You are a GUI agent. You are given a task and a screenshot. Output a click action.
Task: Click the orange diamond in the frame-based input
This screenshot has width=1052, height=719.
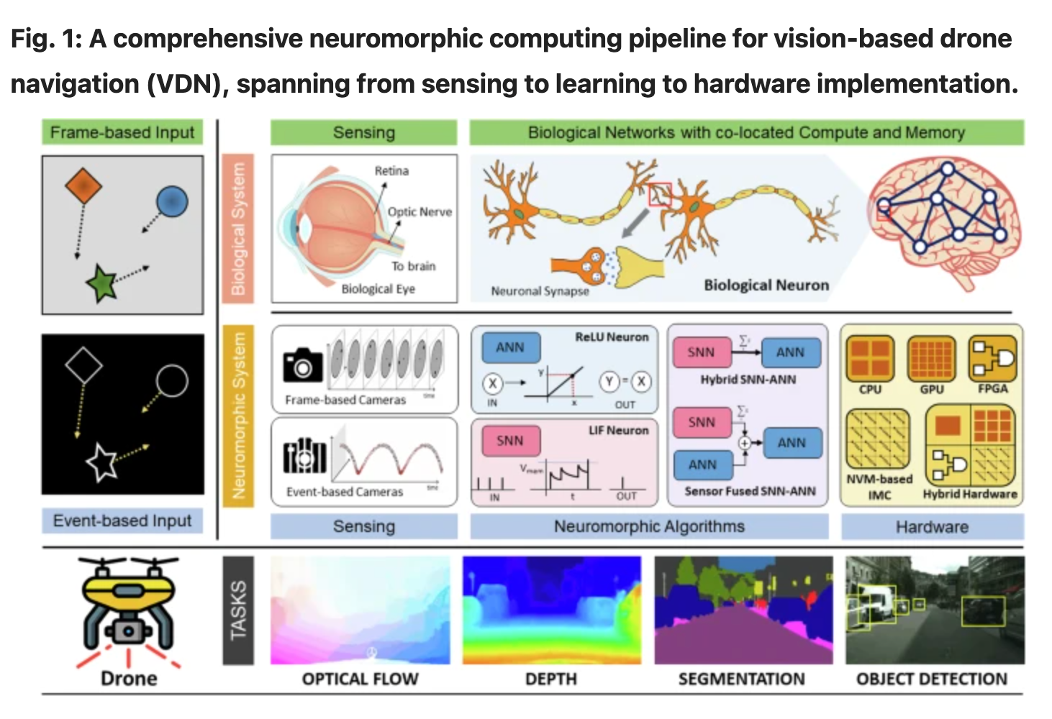point(83,186)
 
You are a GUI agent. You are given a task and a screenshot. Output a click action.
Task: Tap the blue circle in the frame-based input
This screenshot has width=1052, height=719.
point(172,201)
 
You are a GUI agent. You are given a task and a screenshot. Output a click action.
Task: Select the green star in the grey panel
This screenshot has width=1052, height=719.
point(101,282)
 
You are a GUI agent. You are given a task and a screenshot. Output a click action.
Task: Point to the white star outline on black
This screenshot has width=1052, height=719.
point(101,462)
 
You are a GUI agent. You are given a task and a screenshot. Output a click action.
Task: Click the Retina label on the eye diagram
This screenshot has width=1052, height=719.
point(391,171)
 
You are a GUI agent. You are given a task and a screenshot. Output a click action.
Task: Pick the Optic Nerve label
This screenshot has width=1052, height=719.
point(420,211)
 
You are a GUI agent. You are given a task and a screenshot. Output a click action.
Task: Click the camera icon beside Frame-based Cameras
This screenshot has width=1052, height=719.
point(303,365)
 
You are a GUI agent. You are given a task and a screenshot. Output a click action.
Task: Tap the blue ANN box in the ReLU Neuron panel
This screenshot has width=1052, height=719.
point(510,347)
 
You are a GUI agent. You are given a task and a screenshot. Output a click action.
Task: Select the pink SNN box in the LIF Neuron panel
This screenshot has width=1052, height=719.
point(510,440)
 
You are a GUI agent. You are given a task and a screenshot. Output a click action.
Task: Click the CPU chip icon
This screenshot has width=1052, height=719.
point(870,358)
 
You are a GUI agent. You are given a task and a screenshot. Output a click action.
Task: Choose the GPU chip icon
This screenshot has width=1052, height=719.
point(931,358)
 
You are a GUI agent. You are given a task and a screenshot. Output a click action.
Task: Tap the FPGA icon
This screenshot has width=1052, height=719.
point(992,358)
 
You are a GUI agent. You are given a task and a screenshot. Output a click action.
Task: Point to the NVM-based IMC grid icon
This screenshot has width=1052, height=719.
point(878,439)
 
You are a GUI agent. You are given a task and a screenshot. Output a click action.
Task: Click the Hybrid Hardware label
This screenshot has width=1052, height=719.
point(970,494)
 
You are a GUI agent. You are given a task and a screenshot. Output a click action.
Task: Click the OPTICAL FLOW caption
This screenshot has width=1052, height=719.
point(360,679)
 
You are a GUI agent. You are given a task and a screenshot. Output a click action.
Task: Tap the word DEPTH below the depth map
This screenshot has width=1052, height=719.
point(551,679)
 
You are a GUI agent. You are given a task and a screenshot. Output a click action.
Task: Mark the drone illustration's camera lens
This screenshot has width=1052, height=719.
point(128,631)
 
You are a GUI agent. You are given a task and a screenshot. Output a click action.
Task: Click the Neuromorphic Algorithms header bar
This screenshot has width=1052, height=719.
point(649,526)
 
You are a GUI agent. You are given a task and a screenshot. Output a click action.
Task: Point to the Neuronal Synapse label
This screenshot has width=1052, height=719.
point(540,290)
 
